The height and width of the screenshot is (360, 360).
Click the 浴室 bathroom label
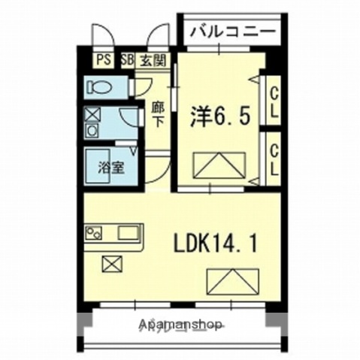click(x=112, y=166)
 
